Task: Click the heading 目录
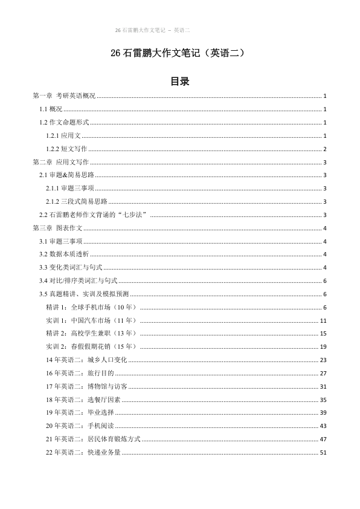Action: coord(179,82)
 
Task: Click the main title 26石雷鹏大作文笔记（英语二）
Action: coord(179,53)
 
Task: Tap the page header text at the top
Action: coord(152,30)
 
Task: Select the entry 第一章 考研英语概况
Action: coord(64,96)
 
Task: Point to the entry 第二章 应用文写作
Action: coord(60,162)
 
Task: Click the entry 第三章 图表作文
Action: coord(57,228)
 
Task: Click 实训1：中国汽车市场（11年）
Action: coord(92,321)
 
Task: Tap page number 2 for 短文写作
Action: coord(325,149)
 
